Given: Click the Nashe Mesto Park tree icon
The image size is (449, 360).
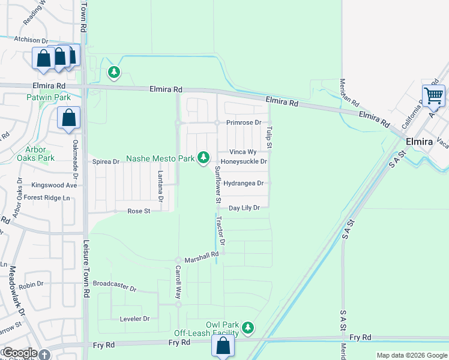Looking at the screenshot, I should tap(203, 157).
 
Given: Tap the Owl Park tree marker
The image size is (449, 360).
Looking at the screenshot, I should tap(247, 328).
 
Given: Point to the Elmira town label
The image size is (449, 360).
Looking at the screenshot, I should tap(419, 142).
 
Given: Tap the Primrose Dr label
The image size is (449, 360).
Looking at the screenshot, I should tap(244, 122).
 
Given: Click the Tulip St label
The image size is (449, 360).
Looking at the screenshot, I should tap(270, 137).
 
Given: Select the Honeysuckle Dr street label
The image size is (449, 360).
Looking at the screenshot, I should tap(244, 161).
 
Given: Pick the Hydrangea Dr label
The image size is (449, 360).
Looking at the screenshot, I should tap(243, 183).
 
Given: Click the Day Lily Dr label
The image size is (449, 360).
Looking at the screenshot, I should tap(244, 208).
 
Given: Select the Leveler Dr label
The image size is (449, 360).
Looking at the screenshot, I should tap(134, 319).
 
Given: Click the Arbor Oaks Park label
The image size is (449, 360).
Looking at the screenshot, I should tap(40, 154).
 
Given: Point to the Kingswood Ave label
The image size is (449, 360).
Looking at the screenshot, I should tap(55, 185).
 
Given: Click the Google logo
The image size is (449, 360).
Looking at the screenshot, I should tap(19, 353).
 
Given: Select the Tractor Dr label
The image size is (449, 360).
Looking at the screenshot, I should tap(221, 232).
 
